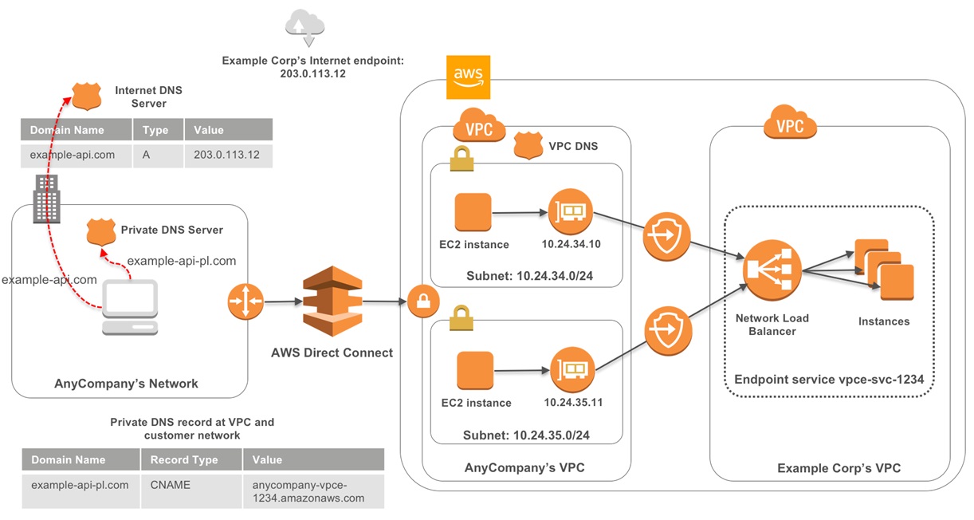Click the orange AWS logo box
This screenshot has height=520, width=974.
(x=468, y=77)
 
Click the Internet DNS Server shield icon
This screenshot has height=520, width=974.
(x=85, y=97)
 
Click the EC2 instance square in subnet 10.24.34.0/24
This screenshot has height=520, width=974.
(x=473, y=213)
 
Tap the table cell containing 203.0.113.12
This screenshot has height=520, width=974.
(x=226, y=155)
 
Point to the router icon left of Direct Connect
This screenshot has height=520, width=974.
(x=244, y=301)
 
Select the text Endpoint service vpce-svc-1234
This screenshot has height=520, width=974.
(x=828, y=380)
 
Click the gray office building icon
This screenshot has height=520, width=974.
(x=44, y=197)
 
